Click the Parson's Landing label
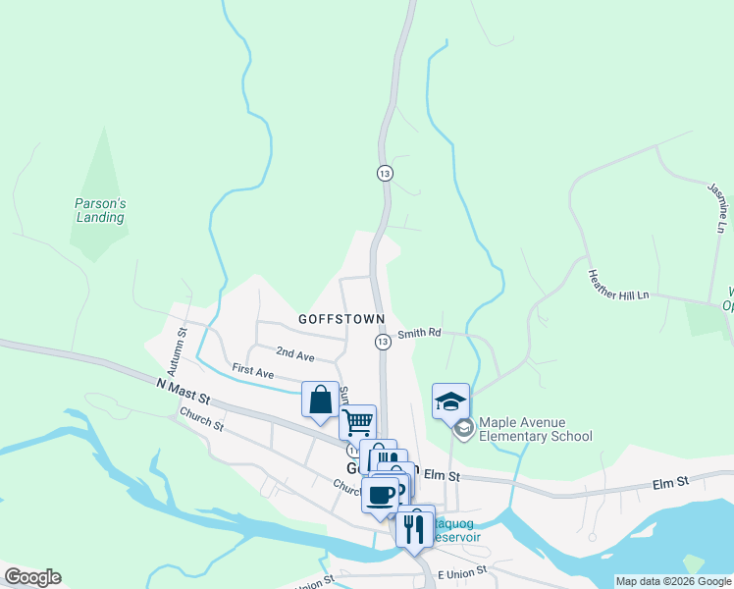[100, 210]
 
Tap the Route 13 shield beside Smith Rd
[383, 341]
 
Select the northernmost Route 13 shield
[385, 173]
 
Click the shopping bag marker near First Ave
[320, 401]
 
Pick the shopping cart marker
[358, 422]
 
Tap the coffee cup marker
[380, 493]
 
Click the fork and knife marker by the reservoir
[414, 528]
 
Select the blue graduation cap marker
[450, 401]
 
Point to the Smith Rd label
[419, 334]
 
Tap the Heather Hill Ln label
[618, 285]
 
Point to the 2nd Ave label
[294, 352]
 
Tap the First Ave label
[252, 370]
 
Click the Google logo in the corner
[32, 577]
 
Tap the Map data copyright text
[672, 581]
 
